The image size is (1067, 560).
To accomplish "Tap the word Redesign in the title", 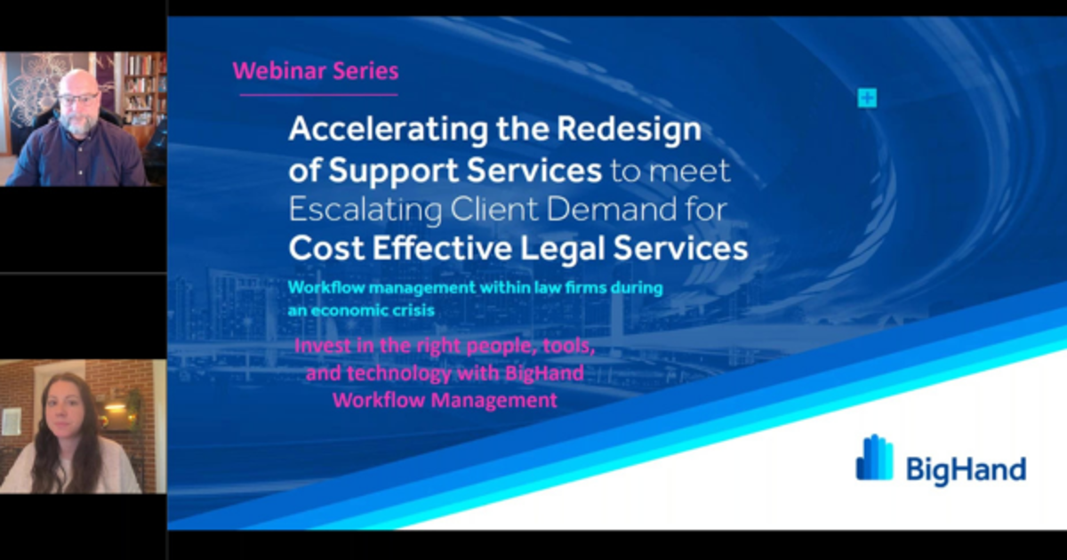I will coord(628,131).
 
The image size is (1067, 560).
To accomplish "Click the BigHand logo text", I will coord(965,468).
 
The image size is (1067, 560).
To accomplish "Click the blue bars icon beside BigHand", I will coord(874,459).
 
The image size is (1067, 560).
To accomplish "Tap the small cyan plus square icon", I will coord(867,99).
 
